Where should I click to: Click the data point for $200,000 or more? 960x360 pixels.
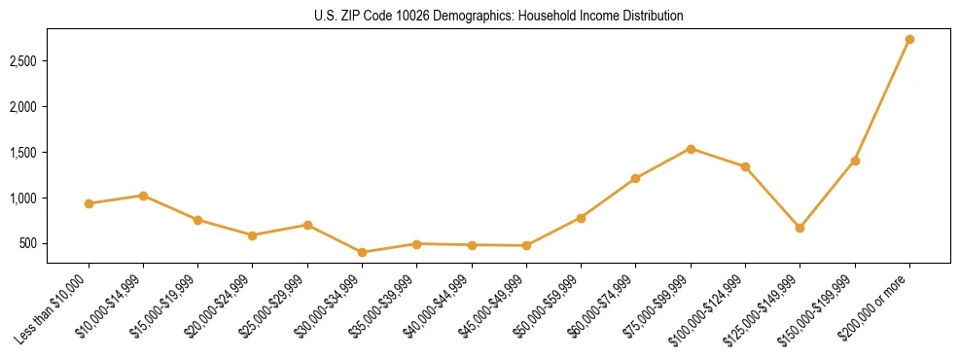[x=909, y=40]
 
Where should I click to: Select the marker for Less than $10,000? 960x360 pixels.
[x=89, y=203]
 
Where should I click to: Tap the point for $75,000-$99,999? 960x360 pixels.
[x=691, y=149]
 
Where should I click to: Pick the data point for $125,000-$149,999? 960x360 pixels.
[x=800, y=228]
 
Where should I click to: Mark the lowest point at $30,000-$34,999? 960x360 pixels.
[x=362, y=252]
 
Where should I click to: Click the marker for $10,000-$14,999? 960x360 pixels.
[x=143, y=196]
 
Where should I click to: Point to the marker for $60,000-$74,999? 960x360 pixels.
[x=636, y=178]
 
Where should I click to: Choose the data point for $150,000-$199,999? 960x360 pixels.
[x=855, y=161]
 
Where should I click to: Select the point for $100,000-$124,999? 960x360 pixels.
[x=745, y=166]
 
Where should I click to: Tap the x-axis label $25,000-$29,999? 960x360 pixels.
[x=275, y=305]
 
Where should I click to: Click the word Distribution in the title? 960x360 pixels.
[x=650, y=17]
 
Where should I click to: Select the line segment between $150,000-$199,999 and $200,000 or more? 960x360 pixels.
[x=882, y=100]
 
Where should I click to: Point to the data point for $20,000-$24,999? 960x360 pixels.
[x=252, y=235]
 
